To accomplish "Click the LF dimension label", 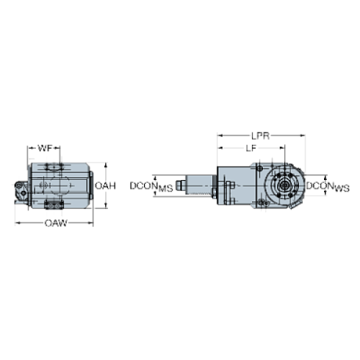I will [251, 148].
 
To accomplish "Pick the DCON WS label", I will [323, 187].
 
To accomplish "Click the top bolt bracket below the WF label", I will [54, 168].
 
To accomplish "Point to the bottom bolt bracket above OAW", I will [54, 204].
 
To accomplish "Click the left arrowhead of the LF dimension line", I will [218, 148].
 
